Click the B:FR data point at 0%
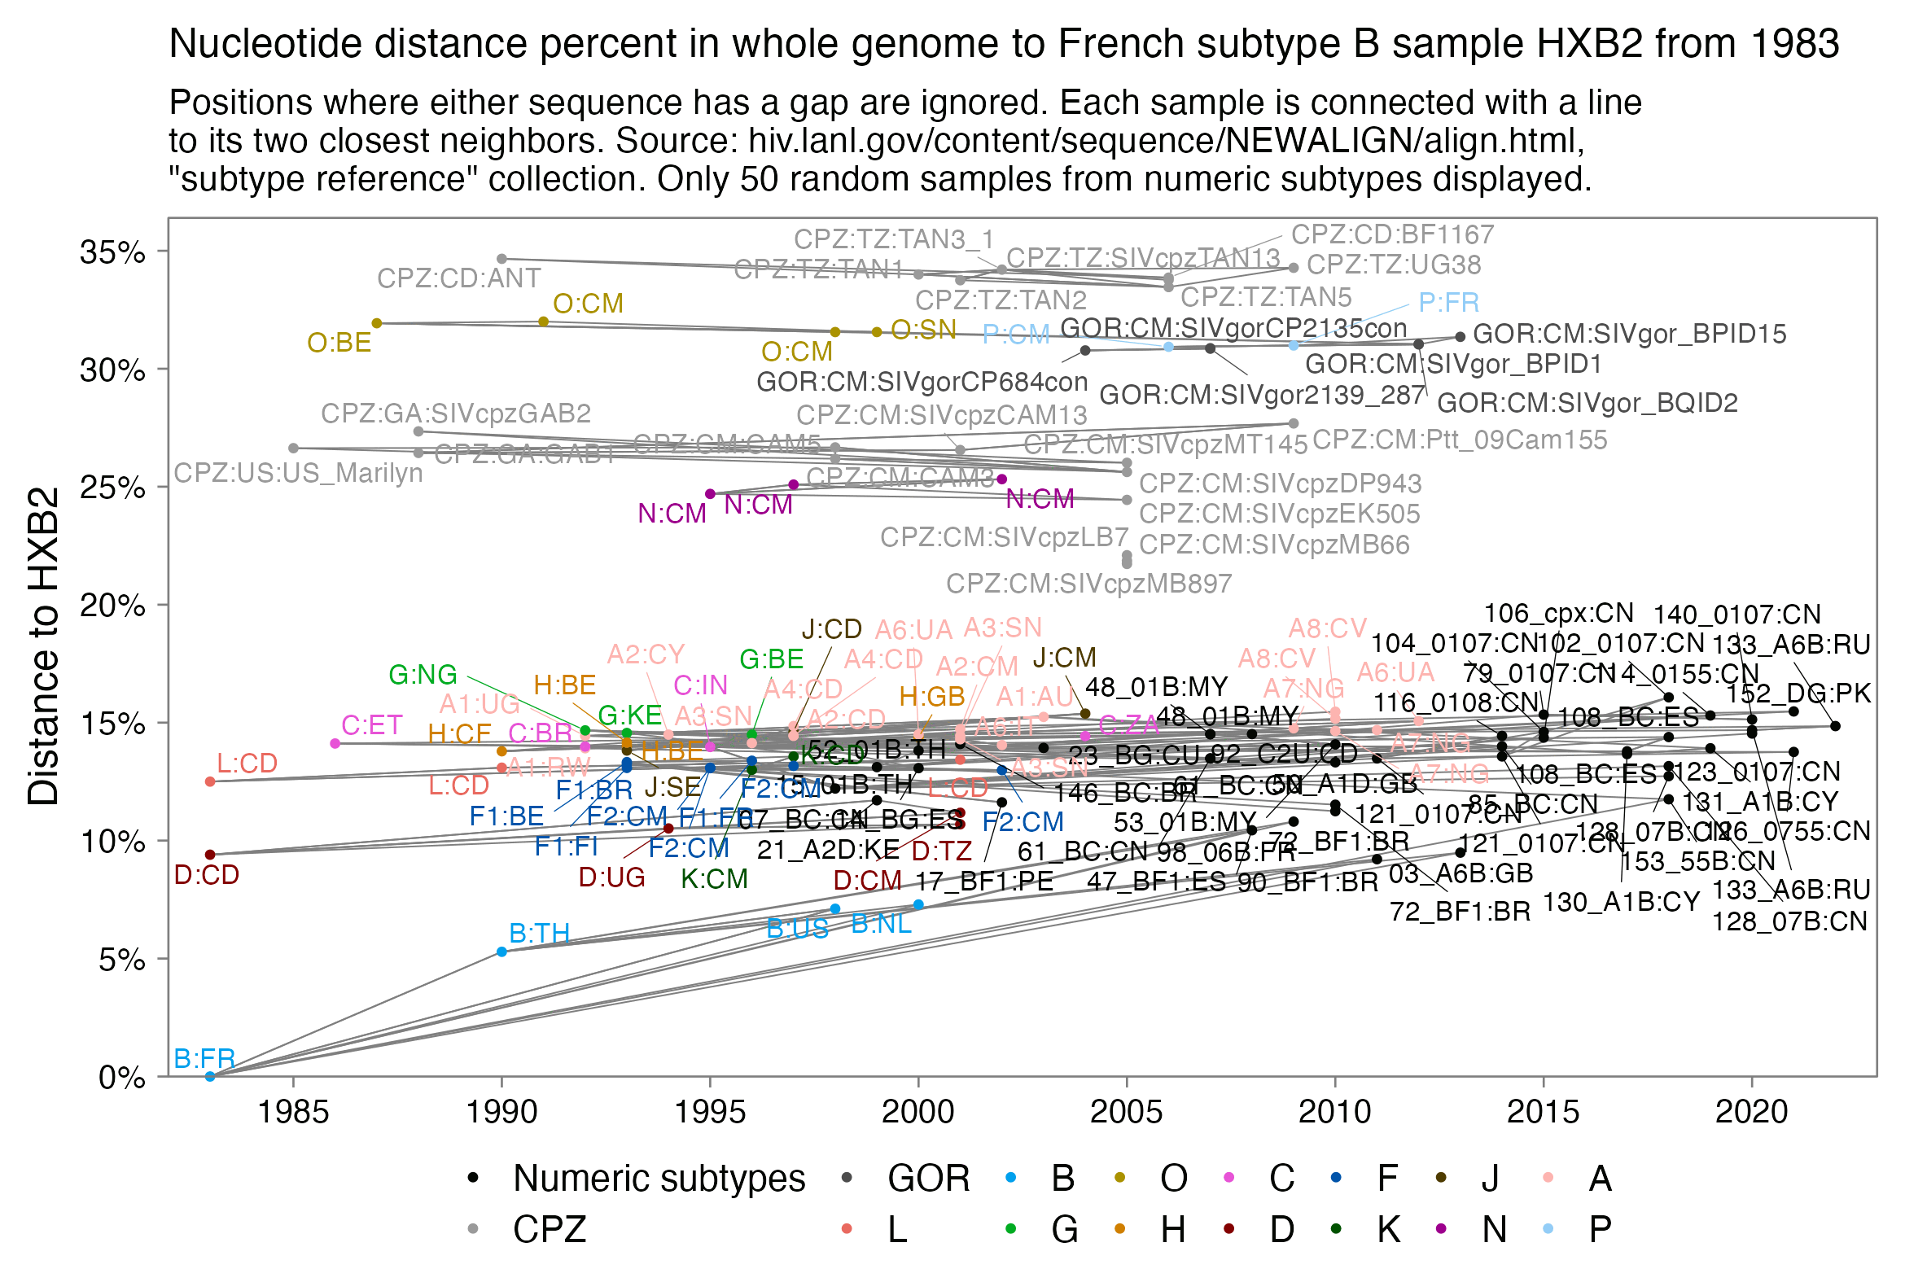tap(210, 1077)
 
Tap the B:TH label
tap(539, 934)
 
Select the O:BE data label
tap(339, 343)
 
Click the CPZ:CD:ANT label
tap(458, 279)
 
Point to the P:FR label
tap(1448, 304)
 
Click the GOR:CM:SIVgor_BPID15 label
tap(1629, 335)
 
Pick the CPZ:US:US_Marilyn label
tap(299, 474)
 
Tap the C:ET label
tap(372, 725)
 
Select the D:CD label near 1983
tap(207, 876)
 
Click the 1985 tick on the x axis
tap(294, 1113)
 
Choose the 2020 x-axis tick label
tap(1751, 1113)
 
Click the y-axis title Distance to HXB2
tap(43, 646)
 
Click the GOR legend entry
tap(928, 1179)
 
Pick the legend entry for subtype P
tap(1600, 1230)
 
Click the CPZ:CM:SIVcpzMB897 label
tap(1088, 584)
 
